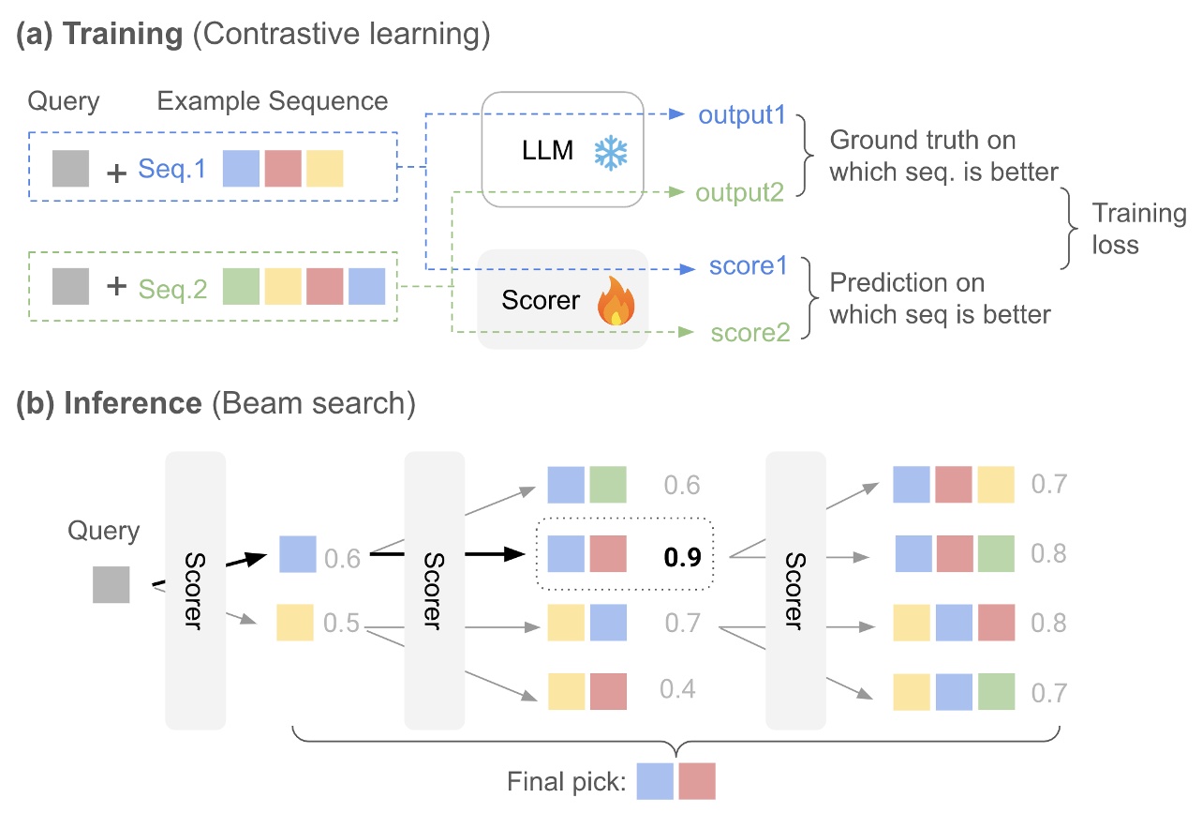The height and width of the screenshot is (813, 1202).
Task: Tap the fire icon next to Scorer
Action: tap(616, 302)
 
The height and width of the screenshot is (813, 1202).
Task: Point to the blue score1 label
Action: tap(748, 267)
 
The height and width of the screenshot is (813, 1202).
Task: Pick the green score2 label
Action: tap(749, 331)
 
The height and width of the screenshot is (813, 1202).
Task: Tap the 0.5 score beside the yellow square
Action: tap(343, 623)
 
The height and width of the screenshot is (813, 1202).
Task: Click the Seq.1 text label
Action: tap(172, 169)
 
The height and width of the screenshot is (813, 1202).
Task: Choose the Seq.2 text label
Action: tap(172, 290)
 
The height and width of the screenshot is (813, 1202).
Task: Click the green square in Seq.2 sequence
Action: tap(241, 286)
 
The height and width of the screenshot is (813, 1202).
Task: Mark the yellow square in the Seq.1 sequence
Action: tap(324, 169)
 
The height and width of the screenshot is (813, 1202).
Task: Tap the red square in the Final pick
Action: tap(697, 780)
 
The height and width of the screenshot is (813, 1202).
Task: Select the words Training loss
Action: tap(1138, 229)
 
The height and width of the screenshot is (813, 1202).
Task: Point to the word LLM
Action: tap(548, 150)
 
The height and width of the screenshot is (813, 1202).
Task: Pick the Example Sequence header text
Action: tap(272, 99)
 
